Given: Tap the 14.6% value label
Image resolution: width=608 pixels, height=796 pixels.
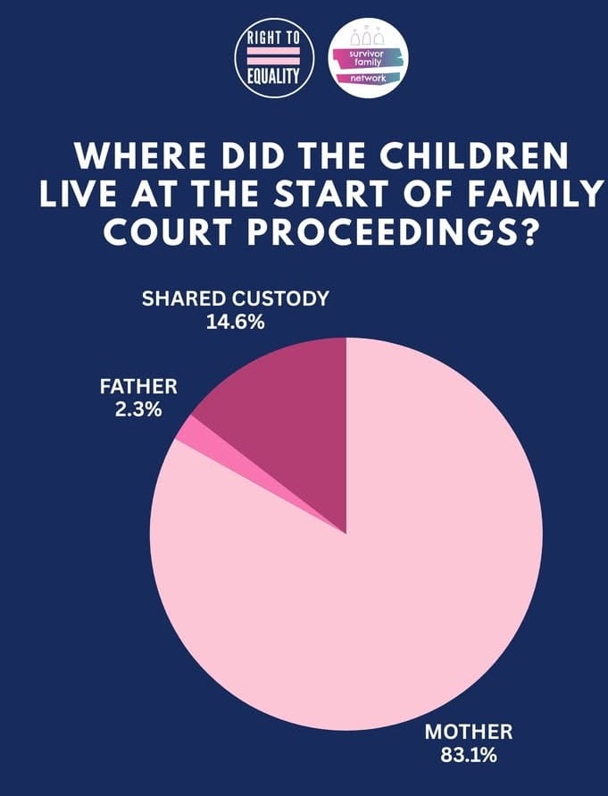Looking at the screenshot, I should (236, 322).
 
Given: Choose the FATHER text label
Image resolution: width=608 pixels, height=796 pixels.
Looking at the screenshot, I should (138, 388).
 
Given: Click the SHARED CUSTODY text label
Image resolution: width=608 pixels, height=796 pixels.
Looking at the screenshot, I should (236, 298).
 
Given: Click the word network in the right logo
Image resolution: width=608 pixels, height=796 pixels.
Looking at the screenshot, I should (368, 79).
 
